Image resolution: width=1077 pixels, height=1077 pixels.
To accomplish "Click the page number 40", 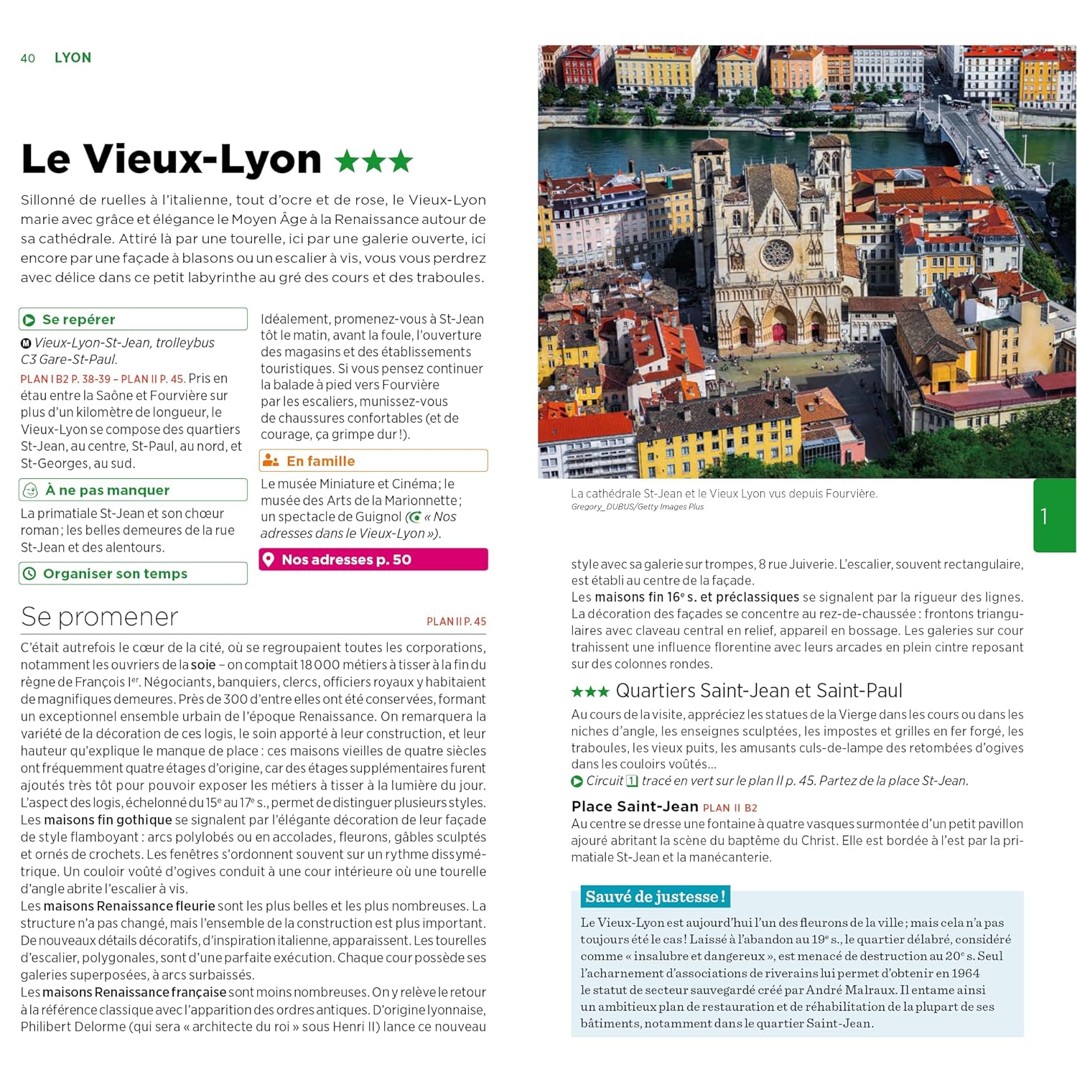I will pyautogui.click(x=28, y=58).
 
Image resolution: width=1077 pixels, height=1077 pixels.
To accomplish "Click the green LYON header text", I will pyautogui.click(x=73, y=57).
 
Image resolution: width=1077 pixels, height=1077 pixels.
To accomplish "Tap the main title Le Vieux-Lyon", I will pyautogui.click(x=171, y=159).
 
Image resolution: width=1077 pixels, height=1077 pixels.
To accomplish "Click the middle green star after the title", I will pyautogui.click(x=374, y=161).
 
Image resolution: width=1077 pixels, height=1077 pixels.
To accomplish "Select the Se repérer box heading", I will pyautogui.click(x=78, y=320).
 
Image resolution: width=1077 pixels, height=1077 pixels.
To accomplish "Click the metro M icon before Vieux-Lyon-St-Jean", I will pyautogui.click(x=26, y=343).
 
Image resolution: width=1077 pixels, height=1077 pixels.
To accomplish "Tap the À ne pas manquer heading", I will pyautogui.click(x=107, y=490).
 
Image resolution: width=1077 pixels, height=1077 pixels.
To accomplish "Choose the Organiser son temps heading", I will pyautogui.click(x=115, y=574).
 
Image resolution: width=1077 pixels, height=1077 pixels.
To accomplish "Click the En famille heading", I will pyautogui.click(x=320, y=461).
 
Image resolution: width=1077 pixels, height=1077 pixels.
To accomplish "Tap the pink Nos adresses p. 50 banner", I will pyautogui.click(x=373, y=559).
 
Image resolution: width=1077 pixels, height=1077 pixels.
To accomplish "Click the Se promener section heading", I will pyautogui.click(x=100, y=617).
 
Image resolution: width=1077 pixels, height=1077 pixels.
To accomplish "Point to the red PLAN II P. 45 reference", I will pyautogui.click(x=456, y=622).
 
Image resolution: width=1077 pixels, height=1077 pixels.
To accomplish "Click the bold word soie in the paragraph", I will pyautogui.click(x=203, y=665).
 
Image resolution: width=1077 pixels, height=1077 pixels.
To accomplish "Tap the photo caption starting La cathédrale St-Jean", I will pyautogui.click(x=724, y=493).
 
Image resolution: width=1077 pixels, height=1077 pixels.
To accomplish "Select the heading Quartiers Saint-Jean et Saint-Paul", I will pyautogui.click(x=758, y=691).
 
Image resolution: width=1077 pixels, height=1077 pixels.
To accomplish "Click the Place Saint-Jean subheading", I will pyautogui.click(x=635, y=806).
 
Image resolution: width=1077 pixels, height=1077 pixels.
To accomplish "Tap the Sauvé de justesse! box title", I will pyautogui.click(x=655, y=897).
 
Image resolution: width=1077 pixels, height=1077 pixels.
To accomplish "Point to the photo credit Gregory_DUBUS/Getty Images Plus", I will pyautogui.click(x=637, y=507).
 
